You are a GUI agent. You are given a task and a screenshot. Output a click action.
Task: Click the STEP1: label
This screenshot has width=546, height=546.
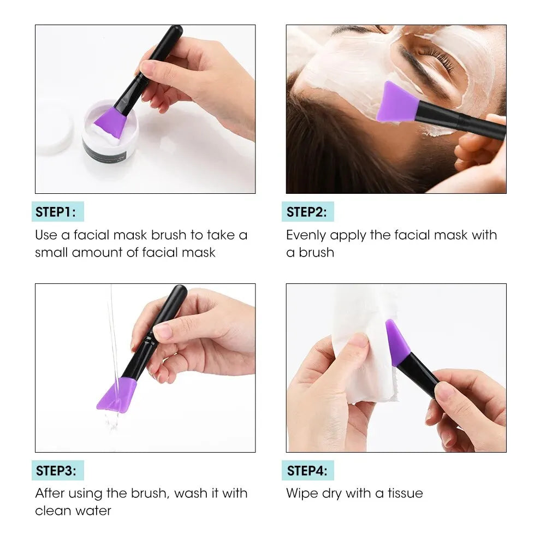click(56, 212)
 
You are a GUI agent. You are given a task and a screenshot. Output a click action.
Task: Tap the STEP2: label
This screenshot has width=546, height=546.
click(307, 212)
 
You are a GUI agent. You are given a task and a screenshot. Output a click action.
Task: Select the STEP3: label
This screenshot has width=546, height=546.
click(56, 471)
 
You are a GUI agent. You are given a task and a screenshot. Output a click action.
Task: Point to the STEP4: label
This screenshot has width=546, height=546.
click(307, 471)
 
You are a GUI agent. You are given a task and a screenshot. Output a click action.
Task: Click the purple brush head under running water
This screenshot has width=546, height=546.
click(117, 395)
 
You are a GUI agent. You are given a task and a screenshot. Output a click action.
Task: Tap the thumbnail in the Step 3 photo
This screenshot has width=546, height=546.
click(163, 330)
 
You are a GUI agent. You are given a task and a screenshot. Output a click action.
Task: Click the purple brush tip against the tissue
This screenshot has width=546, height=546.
click(397, 342)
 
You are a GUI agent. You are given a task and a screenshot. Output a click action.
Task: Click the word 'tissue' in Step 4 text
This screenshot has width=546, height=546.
click(405, 493)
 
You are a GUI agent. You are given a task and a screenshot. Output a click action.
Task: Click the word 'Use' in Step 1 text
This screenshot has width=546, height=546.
click(46, 235)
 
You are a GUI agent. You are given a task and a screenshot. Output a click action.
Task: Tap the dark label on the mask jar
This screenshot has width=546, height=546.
click(104, 153)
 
